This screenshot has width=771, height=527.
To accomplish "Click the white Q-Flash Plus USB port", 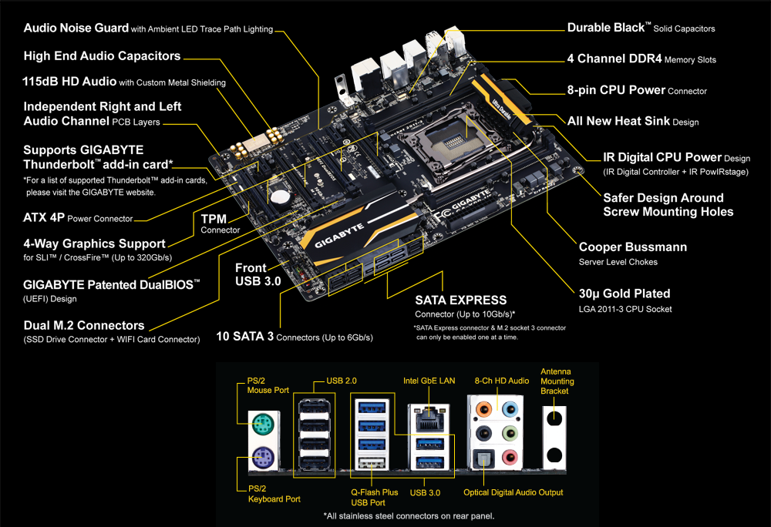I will [372, 462].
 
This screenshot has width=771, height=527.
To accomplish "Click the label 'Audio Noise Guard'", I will [76, 29].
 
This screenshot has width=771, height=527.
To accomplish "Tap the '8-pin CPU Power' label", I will [616, 90].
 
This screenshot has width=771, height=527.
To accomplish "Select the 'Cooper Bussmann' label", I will [633, 247].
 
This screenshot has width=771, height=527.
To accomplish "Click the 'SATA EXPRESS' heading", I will [460, 300].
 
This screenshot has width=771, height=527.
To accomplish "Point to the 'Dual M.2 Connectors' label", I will [84, 325].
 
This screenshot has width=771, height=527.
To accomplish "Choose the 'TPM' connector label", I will [214, 218].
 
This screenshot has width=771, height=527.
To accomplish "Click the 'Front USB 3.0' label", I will [258, 275].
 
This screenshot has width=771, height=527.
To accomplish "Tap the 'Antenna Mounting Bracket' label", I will [557, 381].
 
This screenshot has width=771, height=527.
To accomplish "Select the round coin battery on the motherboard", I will [283, 196].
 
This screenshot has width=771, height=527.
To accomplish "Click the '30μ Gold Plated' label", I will [625, 294].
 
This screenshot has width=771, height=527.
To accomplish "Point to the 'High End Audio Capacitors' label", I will [102, 55].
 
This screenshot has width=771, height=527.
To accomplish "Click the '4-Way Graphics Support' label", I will [94, 243].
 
